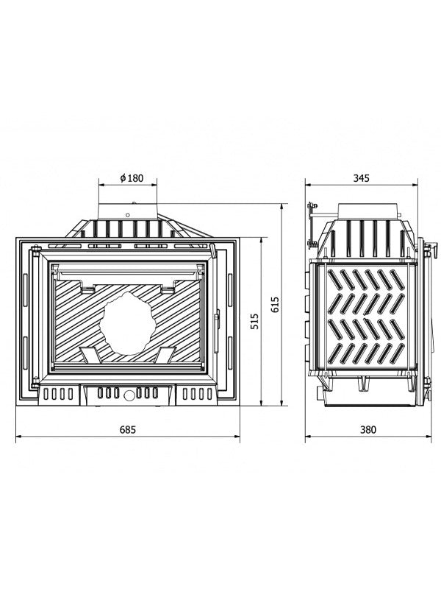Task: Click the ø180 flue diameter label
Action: click(x=130, y=178)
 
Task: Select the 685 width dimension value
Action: click(x=129, y=428)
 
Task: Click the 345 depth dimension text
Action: click(x=361, y=178)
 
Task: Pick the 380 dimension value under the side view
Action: click(x=361, y=428)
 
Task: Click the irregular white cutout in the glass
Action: click(x=127, y=324)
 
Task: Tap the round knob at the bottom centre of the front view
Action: click(x=129, y=395)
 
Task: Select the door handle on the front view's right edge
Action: click(x=217, y=320)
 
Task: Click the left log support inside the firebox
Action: click(x=91, y=355)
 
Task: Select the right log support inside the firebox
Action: click(x=164, y=355)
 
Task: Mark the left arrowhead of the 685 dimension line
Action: click(x=18, y=437)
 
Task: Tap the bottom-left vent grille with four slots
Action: click(x=57, y=395)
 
